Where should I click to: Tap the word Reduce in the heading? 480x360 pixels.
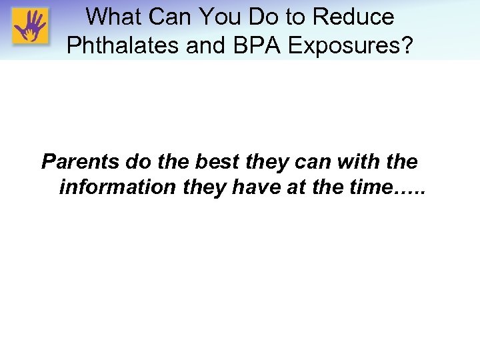[x=353, y=16]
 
